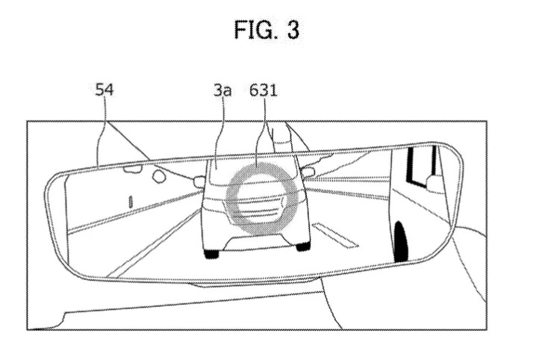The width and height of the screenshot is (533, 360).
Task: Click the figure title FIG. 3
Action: (x=266, y=29)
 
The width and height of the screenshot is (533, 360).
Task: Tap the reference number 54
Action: (x=105, y=90)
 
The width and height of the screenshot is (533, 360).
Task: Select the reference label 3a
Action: (x=222, y=90)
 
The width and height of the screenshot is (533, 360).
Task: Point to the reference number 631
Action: (x=264, y=90)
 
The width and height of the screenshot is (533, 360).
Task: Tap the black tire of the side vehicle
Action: (x=400, y=242)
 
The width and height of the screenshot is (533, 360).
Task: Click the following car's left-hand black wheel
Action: (x=211, y=254)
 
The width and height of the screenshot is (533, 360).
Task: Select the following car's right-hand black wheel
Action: (x=303, y=246)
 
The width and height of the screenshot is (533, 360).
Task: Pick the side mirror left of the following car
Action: (x=199, y=181)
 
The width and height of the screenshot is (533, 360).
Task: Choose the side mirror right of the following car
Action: (x=308, y=172)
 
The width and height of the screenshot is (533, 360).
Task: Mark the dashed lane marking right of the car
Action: (x=335, y=235)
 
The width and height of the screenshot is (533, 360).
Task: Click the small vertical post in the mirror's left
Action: (x=130, y=202)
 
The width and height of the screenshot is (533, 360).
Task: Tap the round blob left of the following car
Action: (x=159, y=176)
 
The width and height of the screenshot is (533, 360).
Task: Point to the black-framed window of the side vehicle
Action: (x=421, y=166)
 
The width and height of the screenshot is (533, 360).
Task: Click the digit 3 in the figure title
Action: (x=293, y=29)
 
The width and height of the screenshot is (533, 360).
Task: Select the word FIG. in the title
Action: (x=255, y=29)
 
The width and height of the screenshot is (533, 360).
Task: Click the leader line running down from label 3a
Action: (x=221, y=129)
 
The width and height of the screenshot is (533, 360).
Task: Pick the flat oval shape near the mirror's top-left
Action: (x=133, y=169)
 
